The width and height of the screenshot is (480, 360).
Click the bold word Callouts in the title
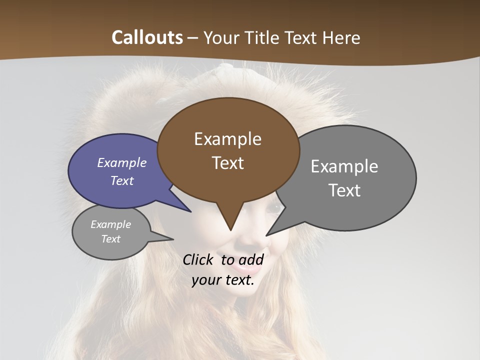click(147, 37)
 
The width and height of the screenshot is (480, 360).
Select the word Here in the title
click(341, 37)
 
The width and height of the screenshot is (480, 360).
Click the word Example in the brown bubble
click(227, 139)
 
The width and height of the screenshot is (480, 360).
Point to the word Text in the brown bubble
click(227, 163)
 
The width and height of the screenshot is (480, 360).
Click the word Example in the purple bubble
click(122, 162)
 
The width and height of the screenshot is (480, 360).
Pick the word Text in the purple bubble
click(122, 180)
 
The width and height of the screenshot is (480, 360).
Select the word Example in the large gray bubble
click(344, 166)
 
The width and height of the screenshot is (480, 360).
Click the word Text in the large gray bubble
click(344, 190)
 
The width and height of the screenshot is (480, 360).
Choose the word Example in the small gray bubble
click(110, 224)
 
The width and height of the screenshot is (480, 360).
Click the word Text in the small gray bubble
click(110, 239)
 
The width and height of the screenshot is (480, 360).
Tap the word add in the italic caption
click(251, 259)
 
